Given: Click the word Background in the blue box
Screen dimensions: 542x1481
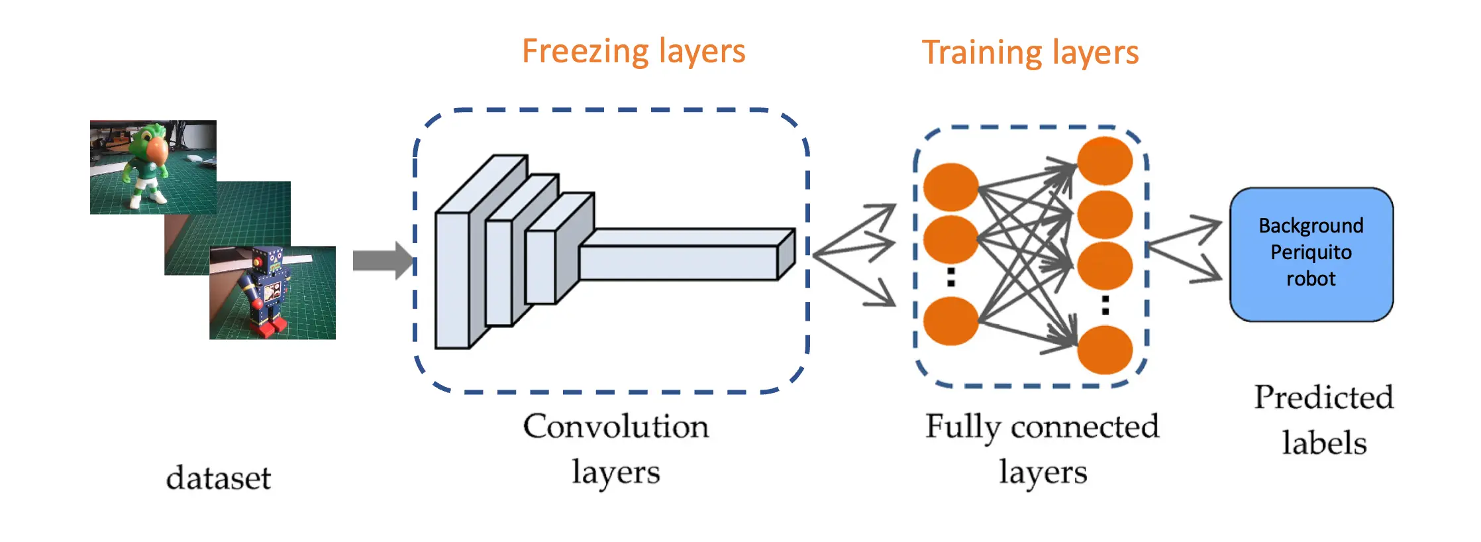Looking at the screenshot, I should pyautogui.click(x=1311, y=226).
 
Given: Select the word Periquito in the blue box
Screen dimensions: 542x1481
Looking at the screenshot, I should pyautogui.click(x=1311, y=252).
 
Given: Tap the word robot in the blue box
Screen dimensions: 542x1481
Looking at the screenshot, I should pyautogui.click(x=1311, y=279).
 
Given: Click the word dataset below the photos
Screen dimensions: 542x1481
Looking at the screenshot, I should pyautogui.click(x=219, y=478).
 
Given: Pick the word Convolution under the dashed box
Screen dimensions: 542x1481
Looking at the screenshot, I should pyautogui.click(x=615, y=427).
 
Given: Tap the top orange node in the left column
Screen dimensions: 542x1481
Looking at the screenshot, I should pyautogui.click(x=950, y=188).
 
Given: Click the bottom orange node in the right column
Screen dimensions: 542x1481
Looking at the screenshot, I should pyautogui.click(x=1104, y=350).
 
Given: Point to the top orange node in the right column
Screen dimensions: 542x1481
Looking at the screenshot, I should pyautogui.click(x=1104, y=161).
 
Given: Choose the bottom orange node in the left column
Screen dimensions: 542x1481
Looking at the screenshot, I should pyautogui.click(x=950, y=321).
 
